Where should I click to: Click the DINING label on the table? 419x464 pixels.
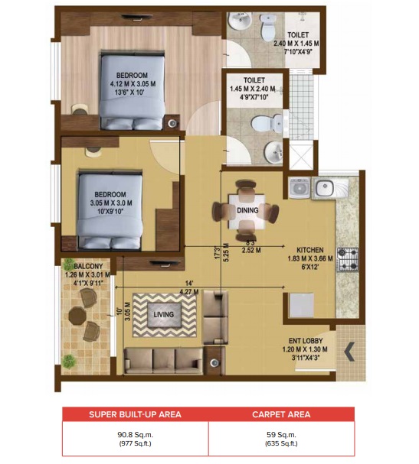[x=247, y=210]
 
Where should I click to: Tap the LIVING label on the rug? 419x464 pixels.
[x=162, y=314]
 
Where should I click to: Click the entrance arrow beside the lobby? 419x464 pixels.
[x=349, y=352]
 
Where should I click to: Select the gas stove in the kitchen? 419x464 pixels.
[x=349, y=260]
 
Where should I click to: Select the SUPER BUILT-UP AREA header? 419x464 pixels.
[x=135, y=414]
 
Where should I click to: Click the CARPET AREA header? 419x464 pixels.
[x=281, y=414]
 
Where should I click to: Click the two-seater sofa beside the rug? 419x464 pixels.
[x=215, y=316]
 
